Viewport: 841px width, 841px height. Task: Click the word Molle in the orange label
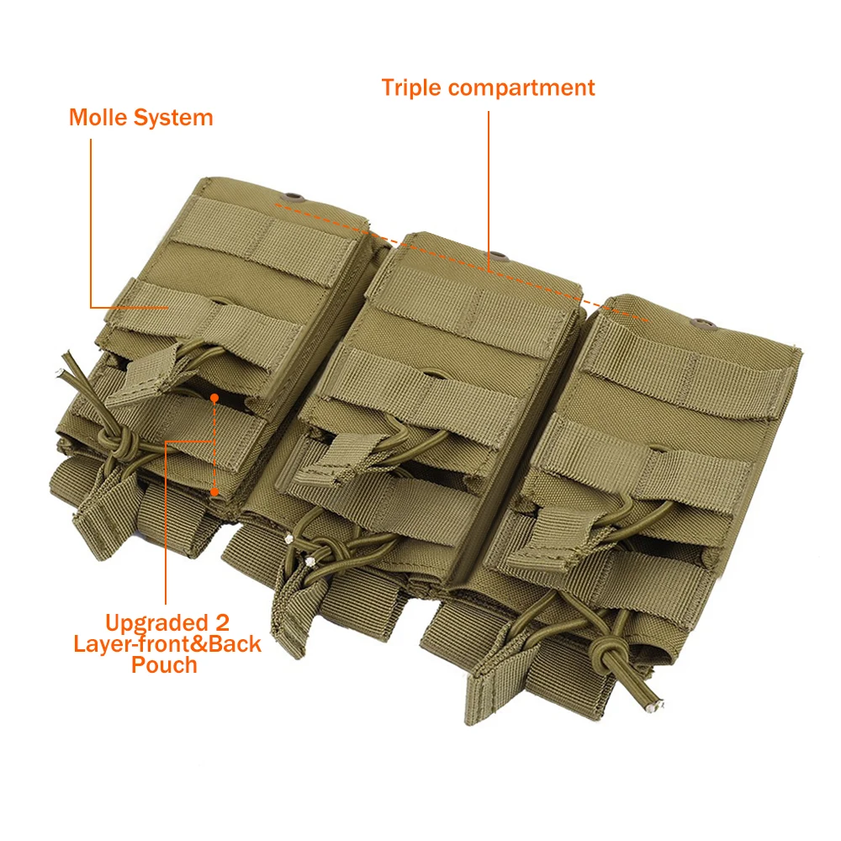tap(98, 117)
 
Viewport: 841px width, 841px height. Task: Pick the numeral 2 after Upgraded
tap(223, 623)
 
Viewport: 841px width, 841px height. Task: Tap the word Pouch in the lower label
tap(164, 664)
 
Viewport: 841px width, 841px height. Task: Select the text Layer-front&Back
tap(167, 644)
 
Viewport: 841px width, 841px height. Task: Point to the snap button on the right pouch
tap(697, 320)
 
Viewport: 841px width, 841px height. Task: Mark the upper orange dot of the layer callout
tap(215, 396)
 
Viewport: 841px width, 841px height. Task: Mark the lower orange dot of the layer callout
tap(215, 493)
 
